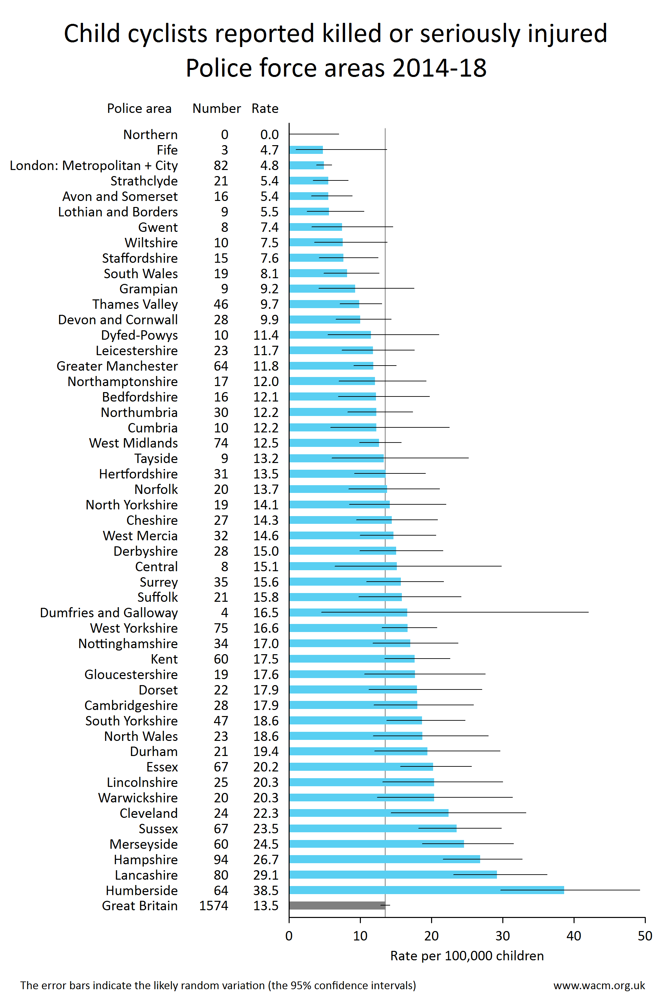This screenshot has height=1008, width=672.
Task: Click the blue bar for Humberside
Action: (426, 890)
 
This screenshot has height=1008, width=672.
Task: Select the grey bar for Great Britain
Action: (337, 905)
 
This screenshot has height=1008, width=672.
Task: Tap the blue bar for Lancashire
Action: (393, 874)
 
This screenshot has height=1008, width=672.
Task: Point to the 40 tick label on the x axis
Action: (574, 935)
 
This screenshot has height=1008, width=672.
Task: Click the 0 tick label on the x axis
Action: (289, 935)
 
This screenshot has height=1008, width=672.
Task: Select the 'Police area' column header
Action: (139, 109)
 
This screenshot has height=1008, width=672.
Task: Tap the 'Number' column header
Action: (216, 109)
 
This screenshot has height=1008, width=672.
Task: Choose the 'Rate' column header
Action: (265, 109)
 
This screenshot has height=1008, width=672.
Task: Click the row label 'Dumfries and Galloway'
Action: (109, 613)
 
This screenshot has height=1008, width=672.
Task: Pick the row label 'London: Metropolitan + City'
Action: (94, 165)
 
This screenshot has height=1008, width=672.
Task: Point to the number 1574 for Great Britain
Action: (214, 906)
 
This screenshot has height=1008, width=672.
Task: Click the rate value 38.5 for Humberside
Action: (266, 890)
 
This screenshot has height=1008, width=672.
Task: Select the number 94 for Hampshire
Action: (221, 859)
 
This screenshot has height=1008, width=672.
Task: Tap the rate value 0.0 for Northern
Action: (269, 135)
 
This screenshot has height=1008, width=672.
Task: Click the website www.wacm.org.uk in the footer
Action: (599, 985)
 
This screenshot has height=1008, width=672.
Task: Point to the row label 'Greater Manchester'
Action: (117, 366)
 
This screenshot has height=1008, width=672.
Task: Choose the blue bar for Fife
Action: (306, 150)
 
